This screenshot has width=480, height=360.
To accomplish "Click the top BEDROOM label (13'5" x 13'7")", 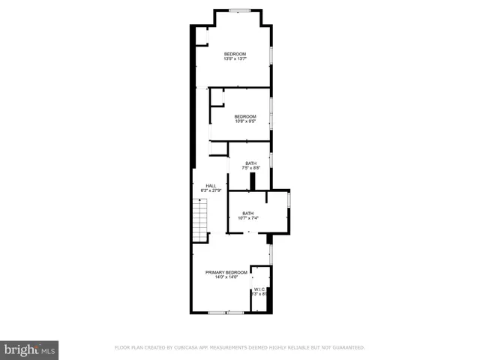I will [x=235, y=54].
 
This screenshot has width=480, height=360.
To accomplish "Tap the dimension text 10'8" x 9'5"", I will [x=244, y=121].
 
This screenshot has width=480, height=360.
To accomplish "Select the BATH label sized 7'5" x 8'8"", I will [x=250, y=163].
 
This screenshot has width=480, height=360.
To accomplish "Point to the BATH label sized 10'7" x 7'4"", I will [x=248, y=213].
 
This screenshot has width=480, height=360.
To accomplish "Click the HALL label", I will [x=211, y=185].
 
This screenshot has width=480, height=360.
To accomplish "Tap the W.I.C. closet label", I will [x=259, y=289].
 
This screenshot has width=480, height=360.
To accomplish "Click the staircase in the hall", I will [x=200, y=222].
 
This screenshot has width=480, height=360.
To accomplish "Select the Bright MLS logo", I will [x=29, y=349].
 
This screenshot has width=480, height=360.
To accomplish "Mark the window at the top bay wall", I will [x=239, y=10].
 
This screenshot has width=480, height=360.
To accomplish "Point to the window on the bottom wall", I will [x=226, y=312].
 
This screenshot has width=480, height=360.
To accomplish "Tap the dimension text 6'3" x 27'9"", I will [x=211, y=190].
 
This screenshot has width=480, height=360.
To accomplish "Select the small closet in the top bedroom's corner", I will [x=201, y=37].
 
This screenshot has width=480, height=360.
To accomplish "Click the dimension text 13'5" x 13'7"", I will [x=235, y=59].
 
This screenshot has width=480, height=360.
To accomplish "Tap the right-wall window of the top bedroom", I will [x=271, y=56].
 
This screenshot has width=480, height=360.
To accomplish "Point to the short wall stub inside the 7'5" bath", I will [x=252, y=181].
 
